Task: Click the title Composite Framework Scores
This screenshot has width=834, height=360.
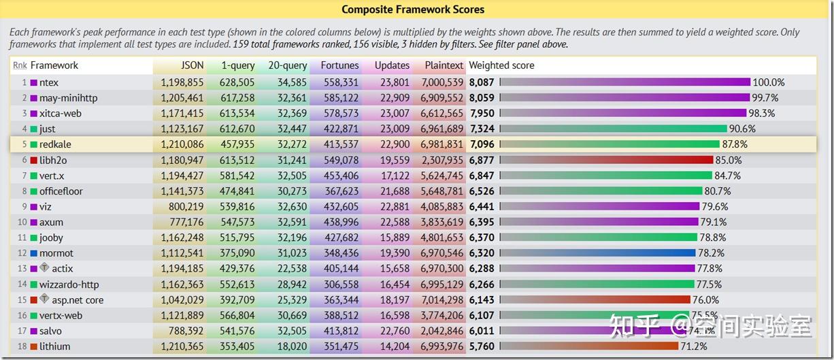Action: [413, 9]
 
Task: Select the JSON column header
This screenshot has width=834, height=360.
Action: [192, 65]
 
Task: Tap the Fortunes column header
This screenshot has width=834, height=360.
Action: [339, 65]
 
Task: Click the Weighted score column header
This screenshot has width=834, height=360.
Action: [501, 65]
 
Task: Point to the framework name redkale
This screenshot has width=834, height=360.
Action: [55, 144]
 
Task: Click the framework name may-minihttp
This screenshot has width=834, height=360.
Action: [68, 98]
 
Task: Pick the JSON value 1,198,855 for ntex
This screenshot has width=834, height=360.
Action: [182, 82]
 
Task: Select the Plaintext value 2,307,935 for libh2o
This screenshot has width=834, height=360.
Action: [443, 160]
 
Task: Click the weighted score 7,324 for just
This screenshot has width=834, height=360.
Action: [481, 129]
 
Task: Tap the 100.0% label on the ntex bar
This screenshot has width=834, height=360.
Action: [768, 82]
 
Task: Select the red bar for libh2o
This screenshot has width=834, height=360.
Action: [605, 160]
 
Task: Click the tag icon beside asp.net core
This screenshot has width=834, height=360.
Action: [44, 299]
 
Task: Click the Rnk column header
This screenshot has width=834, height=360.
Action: [20, 65]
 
